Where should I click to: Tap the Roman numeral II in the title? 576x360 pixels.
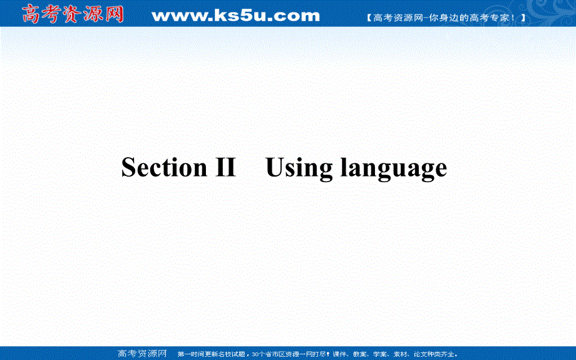[222, 168]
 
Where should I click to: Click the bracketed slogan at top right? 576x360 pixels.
[445, 18]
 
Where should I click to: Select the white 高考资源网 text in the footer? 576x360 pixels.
[142, 354]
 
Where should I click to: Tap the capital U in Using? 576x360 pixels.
[276, 167]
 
